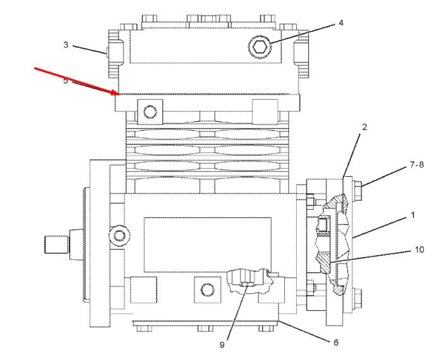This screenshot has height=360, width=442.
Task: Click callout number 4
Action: [x=341, y=23]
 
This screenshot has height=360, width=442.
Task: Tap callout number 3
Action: [x=66, y=45]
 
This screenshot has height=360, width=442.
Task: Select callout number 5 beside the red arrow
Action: [x=66, y=81]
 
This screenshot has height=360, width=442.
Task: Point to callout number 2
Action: [x=364, y=127]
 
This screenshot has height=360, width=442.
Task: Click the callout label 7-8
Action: [x=417, y=165]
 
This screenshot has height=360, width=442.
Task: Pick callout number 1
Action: [x=413, y=215]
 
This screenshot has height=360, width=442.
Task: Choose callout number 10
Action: [x=419, y=249]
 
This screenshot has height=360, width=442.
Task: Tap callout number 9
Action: [x=222, y=345]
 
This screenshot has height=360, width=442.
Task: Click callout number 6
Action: [x=336, y=342]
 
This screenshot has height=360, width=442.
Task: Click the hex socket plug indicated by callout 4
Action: [x=260, y=47]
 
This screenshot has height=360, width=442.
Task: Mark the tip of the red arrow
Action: [x=120, y=94]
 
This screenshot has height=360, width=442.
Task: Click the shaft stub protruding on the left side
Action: [x=57, y=244]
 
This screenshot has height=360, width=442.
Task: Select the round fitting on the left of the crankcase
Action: [x=119, y=235]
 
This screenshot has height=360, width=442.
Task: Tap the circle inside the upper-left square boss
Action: [x=150, y=112]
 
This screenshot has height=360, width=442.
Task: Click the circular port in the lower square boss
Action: [x=208, y=290]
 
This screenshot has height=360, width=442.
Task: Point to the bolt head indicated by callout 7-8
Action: [x=358, y=191]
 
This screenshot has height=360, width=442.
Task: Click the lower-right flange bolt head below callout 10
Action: [x=358, y=298]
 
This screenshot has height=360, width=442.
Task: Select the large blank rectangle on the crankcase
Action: [x=208, y=244]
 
